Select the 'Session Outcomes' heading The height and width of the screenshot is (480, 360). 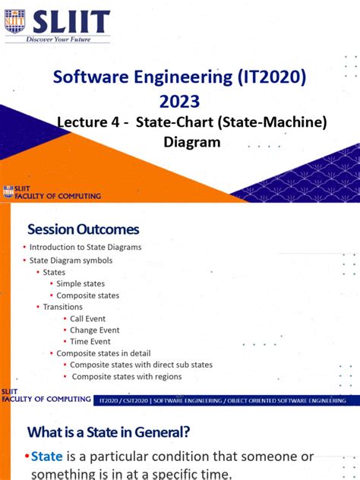pyautogui.click(x=84, y=228)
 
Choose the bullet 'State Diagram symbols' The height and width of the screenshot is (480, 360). pyautogui.click(x=70, y=260)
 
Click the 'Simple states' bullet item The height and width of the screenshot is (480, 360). pyautogui.click(x=81, y=283)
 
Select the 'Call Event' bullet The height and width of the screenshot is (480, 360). pyautogui.click(x=87, y=319)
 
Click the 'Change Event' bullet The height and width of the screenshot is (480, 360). pyautogui.click(x=94, y=330)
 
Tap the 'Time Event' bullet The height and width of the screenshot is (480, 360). pyautogui.click(x=90, y=342)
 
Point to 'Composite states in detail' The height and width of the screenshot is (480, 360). pyautogui.click(x=103, y=353)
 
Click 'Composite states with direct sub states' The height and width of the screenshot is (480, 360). pyautogui.click(x=141, y=365)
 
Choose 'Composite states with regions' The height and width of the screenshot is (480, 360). pyautogui.click(x=126, y=376)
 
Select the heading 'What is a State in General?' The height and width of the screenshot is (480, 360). pyautogui.click(x=109, y=432)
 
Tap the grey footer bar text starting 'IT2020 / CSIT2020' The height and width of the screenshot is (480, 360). pyautogui.click(x=222, y=399)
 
